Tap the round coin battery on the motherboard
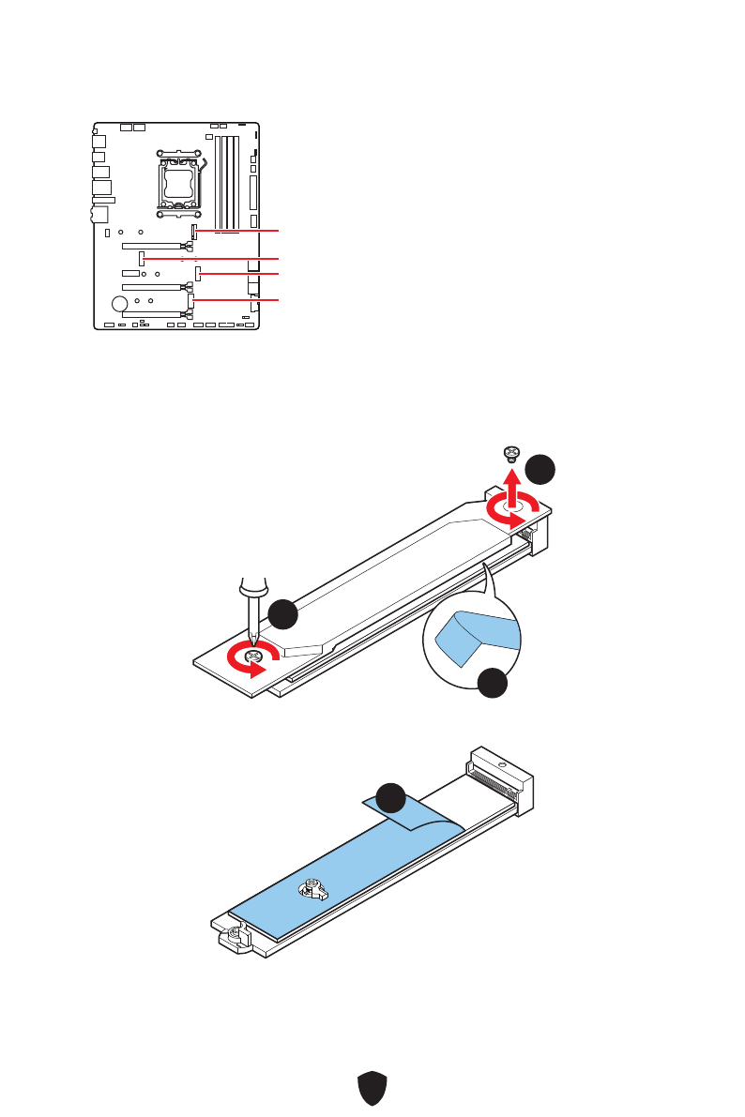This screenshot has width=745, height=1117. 119,304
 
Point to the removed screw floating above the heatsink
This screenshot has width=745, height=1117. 510,454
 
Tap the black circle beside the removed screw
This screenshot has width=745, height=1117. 540,469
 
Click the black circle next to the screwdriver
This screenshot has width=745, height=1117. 283,615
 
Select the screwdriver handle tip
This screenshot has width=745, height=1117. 251,586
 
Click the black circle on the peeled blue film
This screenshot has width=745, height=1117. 391,799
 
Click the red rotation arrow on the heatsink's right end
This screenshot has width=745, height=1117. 511,511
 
